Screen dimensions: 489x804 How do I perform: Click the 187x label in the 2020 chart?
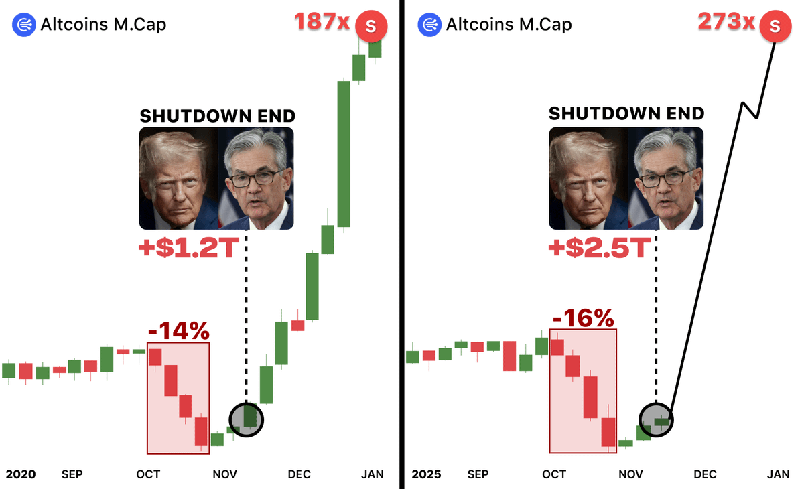(322, 22)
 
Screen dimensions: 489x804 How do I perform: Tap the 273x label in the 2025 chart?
(726, 22)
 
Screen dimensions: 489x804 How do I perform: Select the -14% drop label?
(178, 330)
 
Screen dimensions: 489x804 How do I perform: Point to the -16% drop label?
(583, 318)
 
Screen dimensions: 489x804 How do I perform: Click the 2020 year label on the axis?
(20, 474)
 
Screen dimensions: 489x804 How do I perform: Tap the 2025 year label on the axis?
(426, 474)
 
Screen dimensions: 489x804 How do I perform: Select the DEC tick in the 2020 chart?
(299, 474)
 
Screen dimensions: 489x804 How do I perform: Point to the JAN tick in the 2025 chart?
(777, 474)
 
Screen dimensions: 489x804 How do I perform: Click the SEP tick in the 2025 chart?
(478, 474)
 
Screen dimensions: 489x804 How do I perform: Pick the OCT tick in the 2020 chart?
(148, 474)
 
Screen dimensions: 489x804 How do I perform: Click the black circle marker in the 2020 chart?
(247, 420)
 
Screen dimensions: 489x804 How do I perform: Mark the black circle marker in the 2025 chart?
(656, 420)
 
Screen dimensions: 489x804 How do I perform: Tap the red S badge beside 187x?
(371, 27)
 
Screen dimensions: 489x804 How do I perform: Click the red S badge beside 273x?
(775, 27)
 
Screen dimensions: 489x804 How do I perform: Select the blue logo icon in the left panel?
(23, 25)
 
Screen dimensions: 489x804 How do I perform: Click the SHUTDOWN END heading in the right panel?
(626, 113)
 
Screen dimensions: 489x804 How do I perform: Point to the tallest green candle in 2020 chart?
(344, 154)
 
